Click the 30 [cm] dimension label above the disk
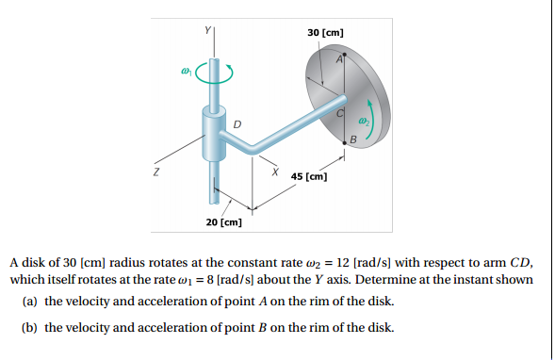(x=326, y=34)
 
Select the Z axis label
(x=156, y=173)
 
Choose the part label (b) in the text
(x=32, y=328)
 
